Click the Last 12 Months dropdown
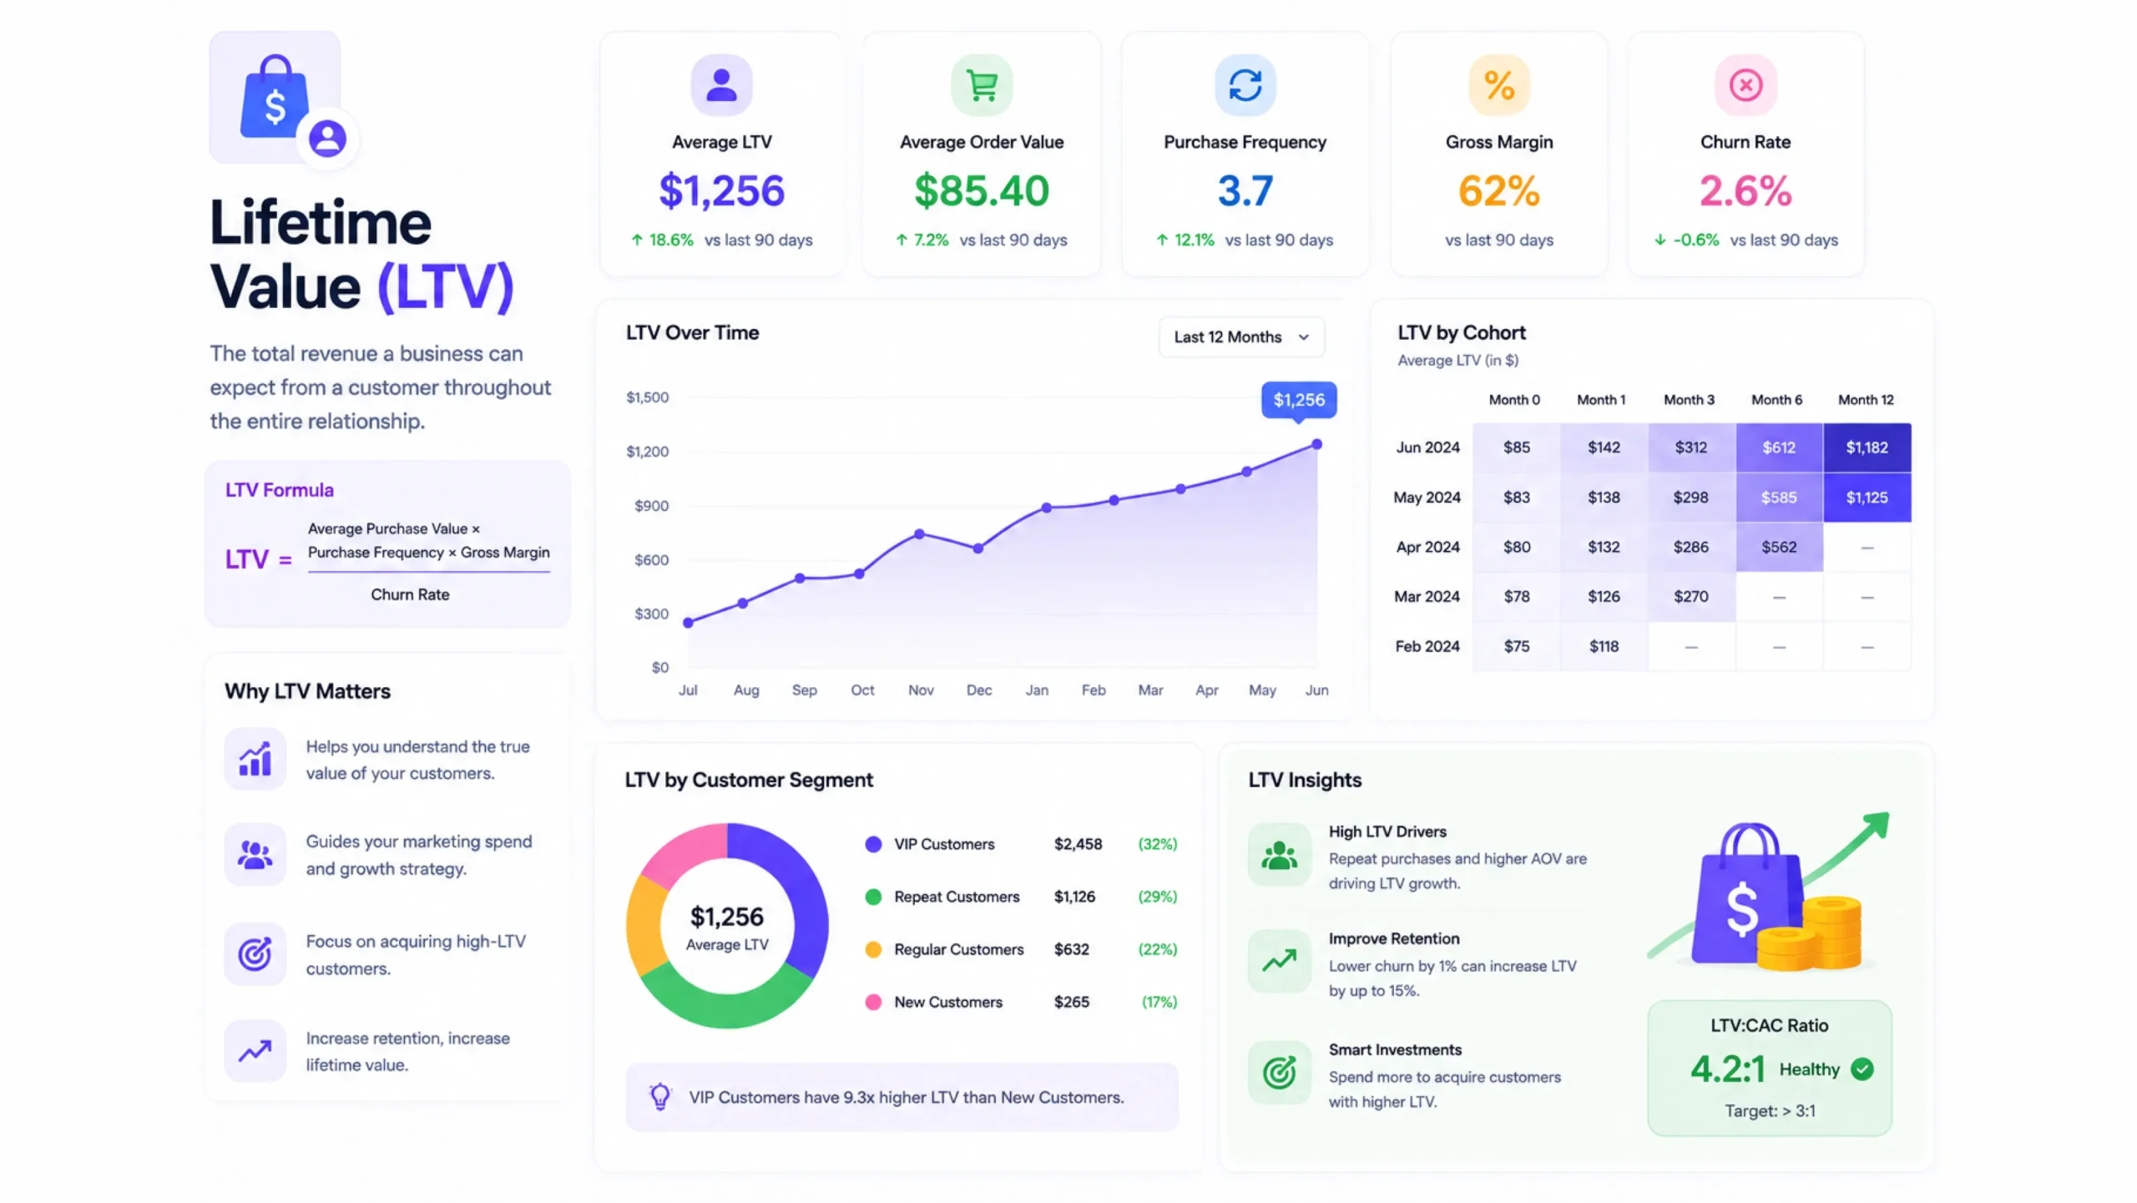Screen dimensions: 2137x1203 (1241, 337)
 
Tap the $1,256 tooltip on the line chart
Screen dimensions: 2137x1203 (1299, 400)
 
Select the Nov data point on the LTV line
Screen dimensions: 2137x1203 (919, 534)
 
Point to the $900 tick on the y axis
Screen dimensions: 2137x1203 (651, 506)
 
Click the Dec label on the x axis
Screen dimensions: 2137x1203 (979, 690)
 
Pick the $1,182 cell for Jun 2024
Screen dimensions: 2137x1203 (1867, 447)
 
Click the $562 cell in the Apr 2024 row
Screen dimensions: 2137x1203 (1779, 547)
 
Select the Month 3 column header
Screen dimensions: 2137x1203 (1689, 400)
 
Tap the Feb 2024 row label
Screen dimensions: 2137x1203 (1427, 646)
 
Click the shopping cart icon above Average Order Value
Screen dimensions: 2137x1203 (982, 85)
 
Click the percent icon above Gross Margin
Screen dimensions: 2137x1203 (1499, 85)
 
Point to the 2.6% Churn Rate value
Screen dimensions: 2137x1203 (1745, 191)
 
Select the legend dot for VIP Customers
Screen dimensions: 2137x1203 (873, 844)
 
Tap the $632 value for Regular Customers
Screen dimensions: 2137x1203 (1072, 950)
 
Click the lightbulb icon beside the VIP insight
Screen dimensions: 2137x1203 (660, 1096)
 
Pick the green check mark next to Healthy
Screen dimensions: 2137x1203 (1862, 1069)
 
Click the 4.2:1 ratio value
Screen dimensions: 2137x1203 (1728, 1069)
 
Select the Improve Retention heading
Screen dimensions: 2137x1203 (1394, 939)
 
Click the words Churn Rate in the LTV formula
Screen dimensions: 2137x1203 (410, 594)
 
